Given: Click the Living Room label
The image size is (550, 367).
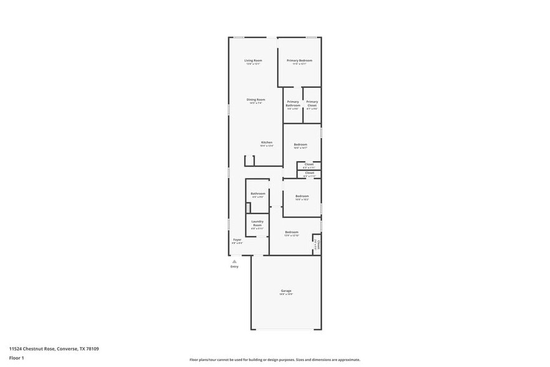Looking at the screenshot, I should click(x=253, y=61).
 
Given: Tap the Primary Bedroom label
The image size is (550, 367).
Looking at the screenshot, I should click(x=299, y=61).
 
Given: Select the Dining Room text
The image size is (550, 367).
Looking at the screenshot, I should click(x=256, y=100).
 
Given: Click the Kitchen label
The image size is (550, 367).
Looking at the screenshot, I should click(x=266, y=142).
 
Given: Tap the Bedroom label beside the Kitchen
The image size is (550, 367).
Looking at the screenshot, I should click(x=301, y=145).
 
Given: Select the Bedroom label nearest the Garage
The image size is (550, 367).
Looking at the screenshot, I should click(x=292, y=232).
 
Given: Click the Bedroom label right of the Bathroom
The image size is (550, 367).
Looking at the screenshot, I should click(x=302, y=196).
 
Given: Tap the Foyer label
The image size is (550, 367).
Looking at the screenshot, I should click(x=237, y=240).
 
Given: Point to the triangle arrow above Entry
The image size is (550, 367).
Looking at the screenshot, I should click(x=234, y=261).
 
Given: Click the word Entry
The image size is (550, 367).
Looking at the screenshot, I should click(x=234, y=267).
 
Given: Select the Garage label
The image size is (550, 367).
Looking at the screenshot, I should click(x=286, y=291).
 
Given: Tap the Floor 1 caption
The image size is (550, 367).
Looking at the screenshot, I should click(x=17, y=358).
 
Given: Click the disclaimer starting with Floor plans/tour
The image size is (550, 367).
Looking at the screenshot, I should click(x=274, y=360).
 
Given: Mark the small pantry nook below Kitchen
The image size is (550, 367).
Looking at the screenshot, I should click(x=249, y=161).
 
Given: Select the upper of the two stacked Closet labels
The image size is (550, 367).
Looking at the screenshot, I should click(x=309, y=164).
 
